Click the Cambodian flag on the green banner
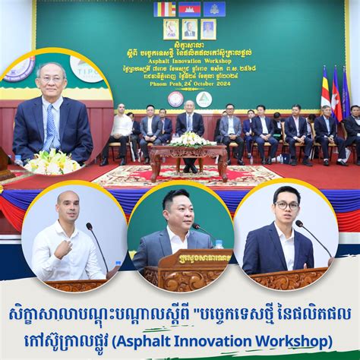[189, 9]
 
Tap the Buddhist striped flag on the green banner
[165, 9]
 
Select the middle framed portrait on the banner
[189, 30]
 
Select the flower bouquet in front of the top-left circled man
[52, 161]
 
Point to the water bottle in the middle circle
[219, 245]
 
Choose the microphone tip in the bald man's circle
[89, 226]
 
